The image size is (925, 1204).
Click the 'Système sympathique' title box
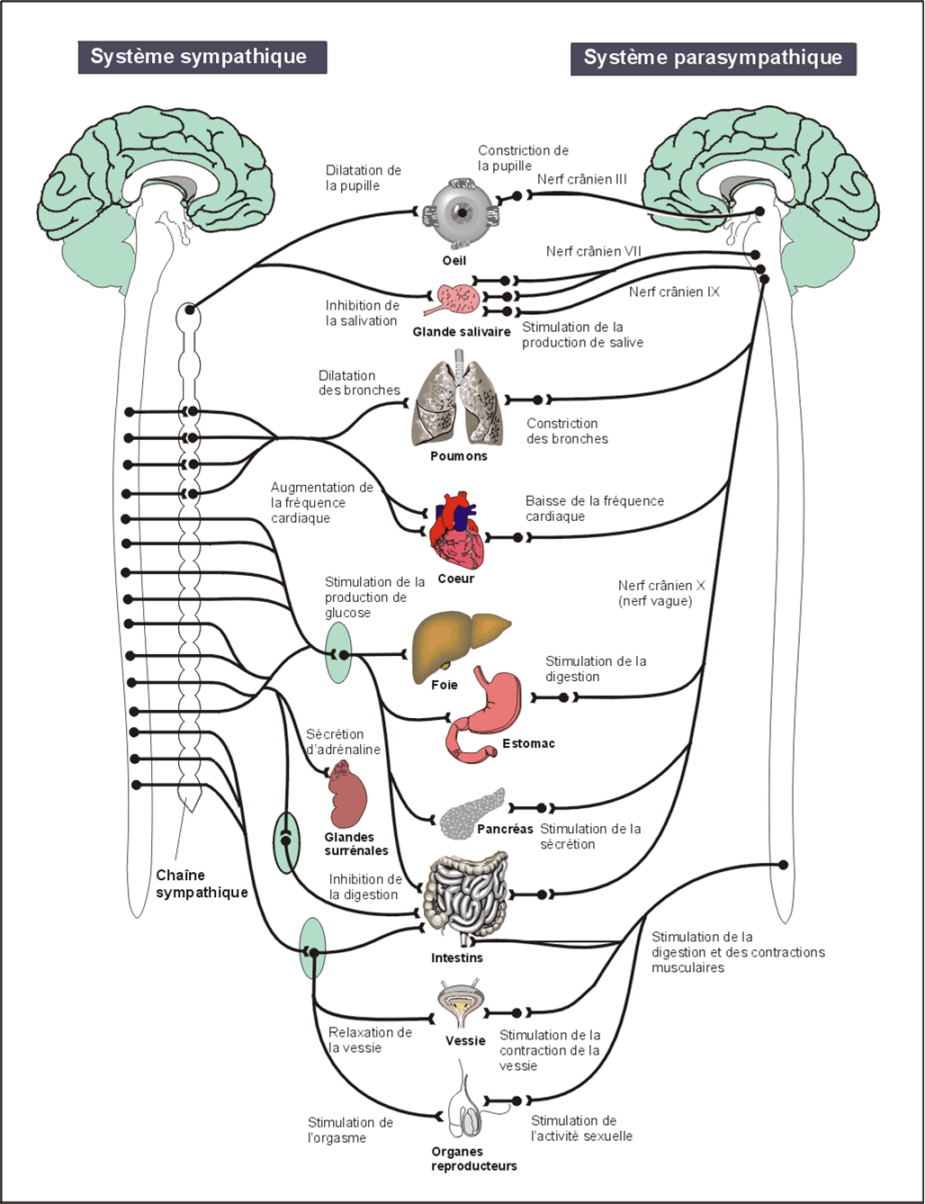pos(202,57)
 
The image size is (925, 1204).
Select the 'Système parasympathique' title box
pos(713,58)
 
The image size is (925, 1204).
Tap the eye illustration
pos(461,214)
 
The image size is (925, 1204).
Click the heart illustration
pos(459,533)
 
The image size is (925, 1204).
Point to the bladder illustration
pos(463,1006)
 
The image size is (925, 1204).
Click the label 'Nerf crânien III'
pos(581,179)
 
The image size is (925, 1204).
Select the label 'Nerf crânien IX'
pos(674,292)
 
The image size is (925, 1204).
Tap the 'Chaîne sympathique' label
pos(202,884)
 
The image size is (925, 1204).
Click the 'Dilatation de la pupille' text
pos(363,177)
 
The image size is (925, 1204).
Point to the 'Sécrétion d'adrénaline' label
pos(342,741)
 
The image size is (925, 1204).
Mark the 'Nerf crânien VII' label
pos(593,251)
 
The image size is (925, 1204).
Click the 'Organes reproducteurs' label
pos(473,1159)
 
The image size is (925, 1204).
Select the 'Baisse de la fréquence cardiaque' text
pos(594,508)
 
